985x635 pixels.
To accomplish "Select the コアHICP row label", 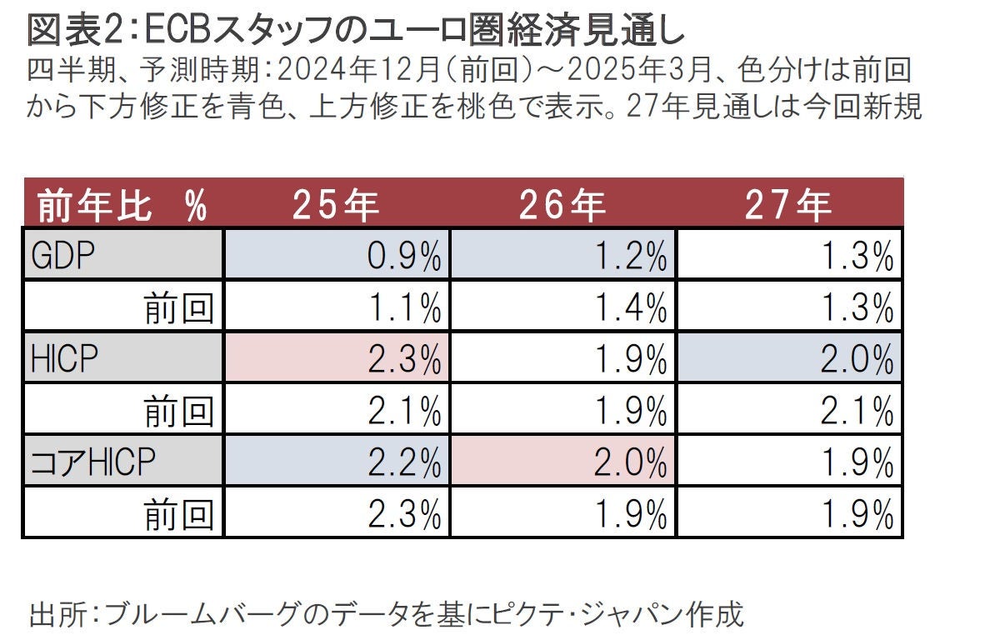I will point(92,461).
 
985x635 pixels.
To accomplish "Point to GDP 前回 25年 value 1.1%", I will point(403,309).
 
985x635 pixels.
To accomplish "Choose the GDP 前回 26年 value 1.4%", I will point(630,309).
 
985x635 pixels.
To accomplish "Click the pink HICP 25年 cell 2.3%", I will point(403,360).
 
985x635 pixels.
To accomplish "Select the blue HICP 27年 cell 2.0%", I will point(857,360).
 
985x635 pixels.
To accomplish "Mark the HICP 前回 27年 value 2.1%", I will point(857,411).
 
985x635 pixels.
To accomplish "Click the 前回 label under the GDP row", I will point(178,309).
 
